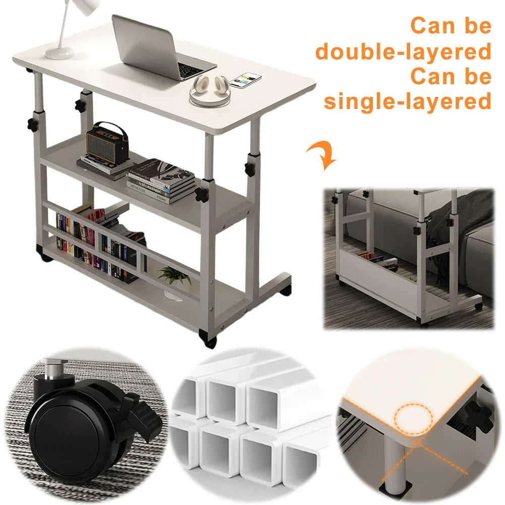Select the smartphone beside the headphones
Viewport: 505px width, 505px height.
click(246, 80)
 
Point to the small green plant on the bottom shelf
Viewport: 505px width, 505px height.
click(174, 275)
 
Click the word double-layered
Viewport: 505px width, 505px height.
click(403, 51)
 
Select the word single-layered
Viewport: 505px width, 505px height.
click(407, 101)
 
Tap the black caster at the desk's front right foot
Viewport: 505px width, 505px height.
click(209, 339)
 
